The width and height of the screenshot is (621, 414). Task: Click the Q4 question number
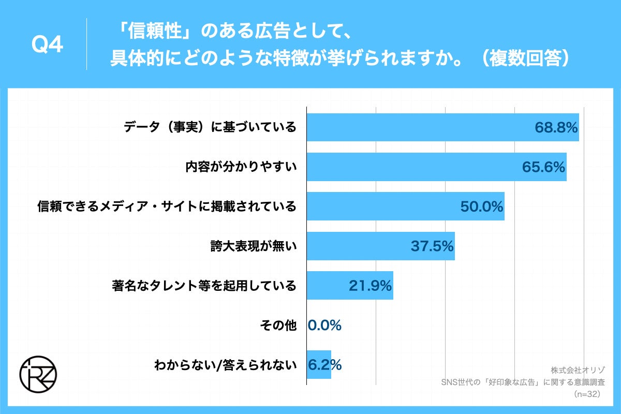(47, 46)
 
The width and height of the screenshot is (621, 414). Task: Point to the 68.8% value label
(556, 127)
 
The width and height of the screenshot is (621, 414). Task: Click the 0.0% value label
(324, 326)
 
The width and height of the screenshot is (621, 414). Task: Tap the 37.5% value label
(432, 246)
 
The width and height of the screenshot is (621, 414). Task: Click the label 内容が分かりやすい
(241, 167)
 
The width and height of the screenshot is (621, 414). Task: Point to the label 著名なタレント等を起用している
(204, 286)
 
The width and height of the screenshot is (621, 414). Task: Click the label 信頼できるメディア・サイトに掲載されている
(167, 206)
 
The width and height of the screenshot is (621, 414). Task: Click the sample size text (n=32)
(587, 394)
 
